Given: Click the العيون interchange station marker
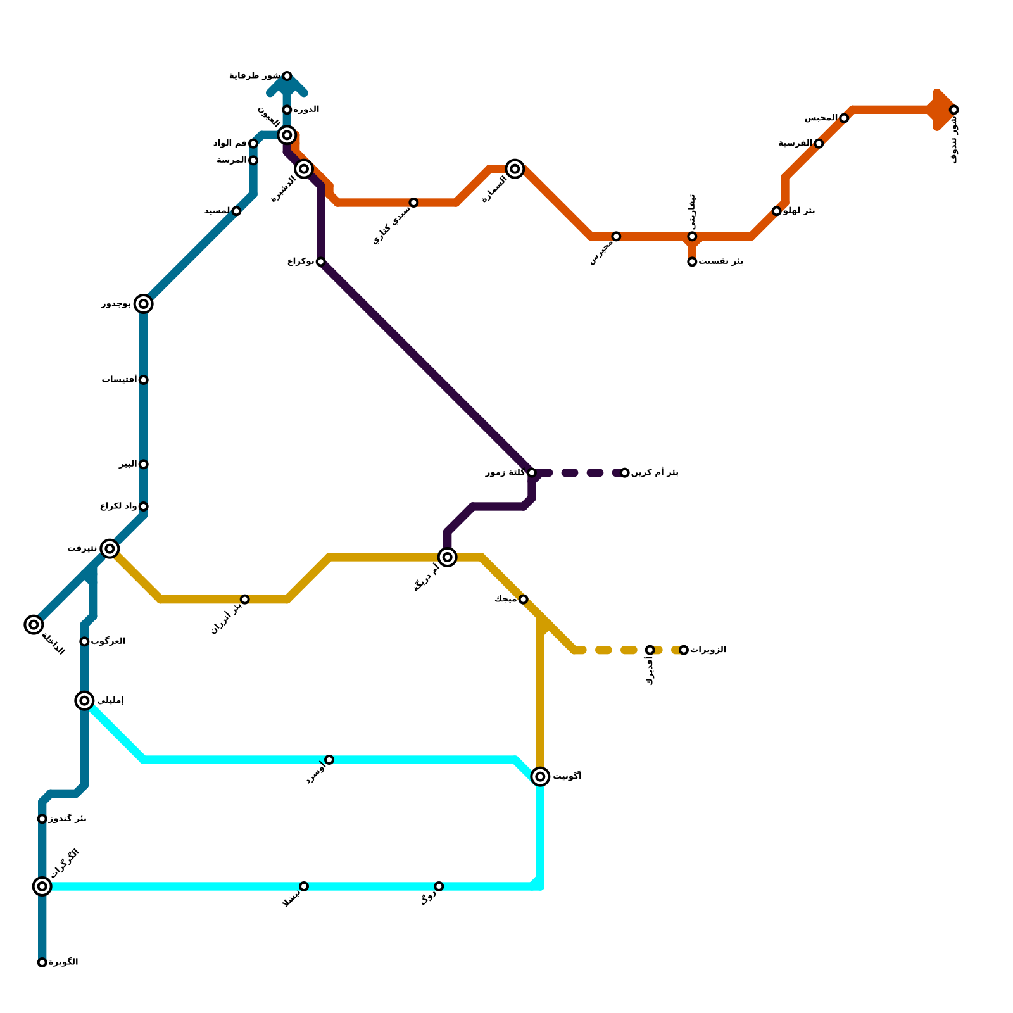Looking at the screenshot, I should (x=287, y=135).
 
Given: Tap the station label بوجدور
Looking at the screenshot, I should (x=116, y=304).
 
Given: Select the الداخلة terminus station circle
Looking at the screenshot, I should (x=34, y=624).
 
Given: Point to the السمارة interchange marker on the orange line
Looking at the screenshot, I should (x=515, y=168).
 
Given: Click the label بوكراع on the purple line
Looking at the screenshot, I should (x=300, y=261).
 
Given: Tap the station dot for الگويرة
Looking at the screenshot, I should (x=42, y=962).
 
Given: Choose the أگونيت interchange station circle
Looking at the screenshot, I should (x=540, y=776).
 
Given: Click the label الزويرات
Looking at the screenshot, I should (x=708, y=650).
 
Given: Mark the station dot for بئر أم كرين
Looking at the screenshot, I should (x=624, y=473).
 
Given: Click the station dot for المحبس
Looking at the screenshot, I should (x=844, y=118).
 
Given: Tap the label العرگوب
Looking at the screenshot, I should (x=108, y=641).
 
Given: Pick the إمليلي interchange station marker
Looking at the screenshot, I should (x=84, y=700).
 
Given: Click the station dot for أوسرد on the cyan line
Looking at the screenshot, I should (x=329, y=760).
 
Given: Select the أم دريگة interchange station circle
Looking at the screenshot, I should (x=447, y=557).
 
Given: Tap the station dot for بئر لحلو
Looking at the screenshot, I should (x=776, y=211).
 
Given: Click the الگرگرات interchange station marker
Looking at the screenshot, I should (x=42, y=886).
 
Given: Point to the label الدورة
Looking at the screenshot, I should (x=306, y=110).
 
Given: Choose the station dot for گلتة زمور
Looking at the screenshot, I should (x=532, y=473).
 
